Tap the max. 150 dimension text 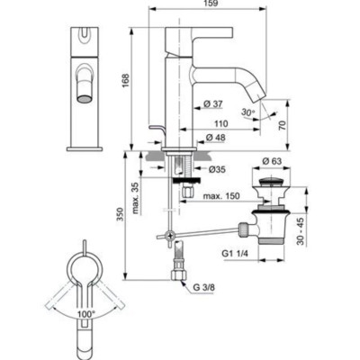point(221,196)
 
